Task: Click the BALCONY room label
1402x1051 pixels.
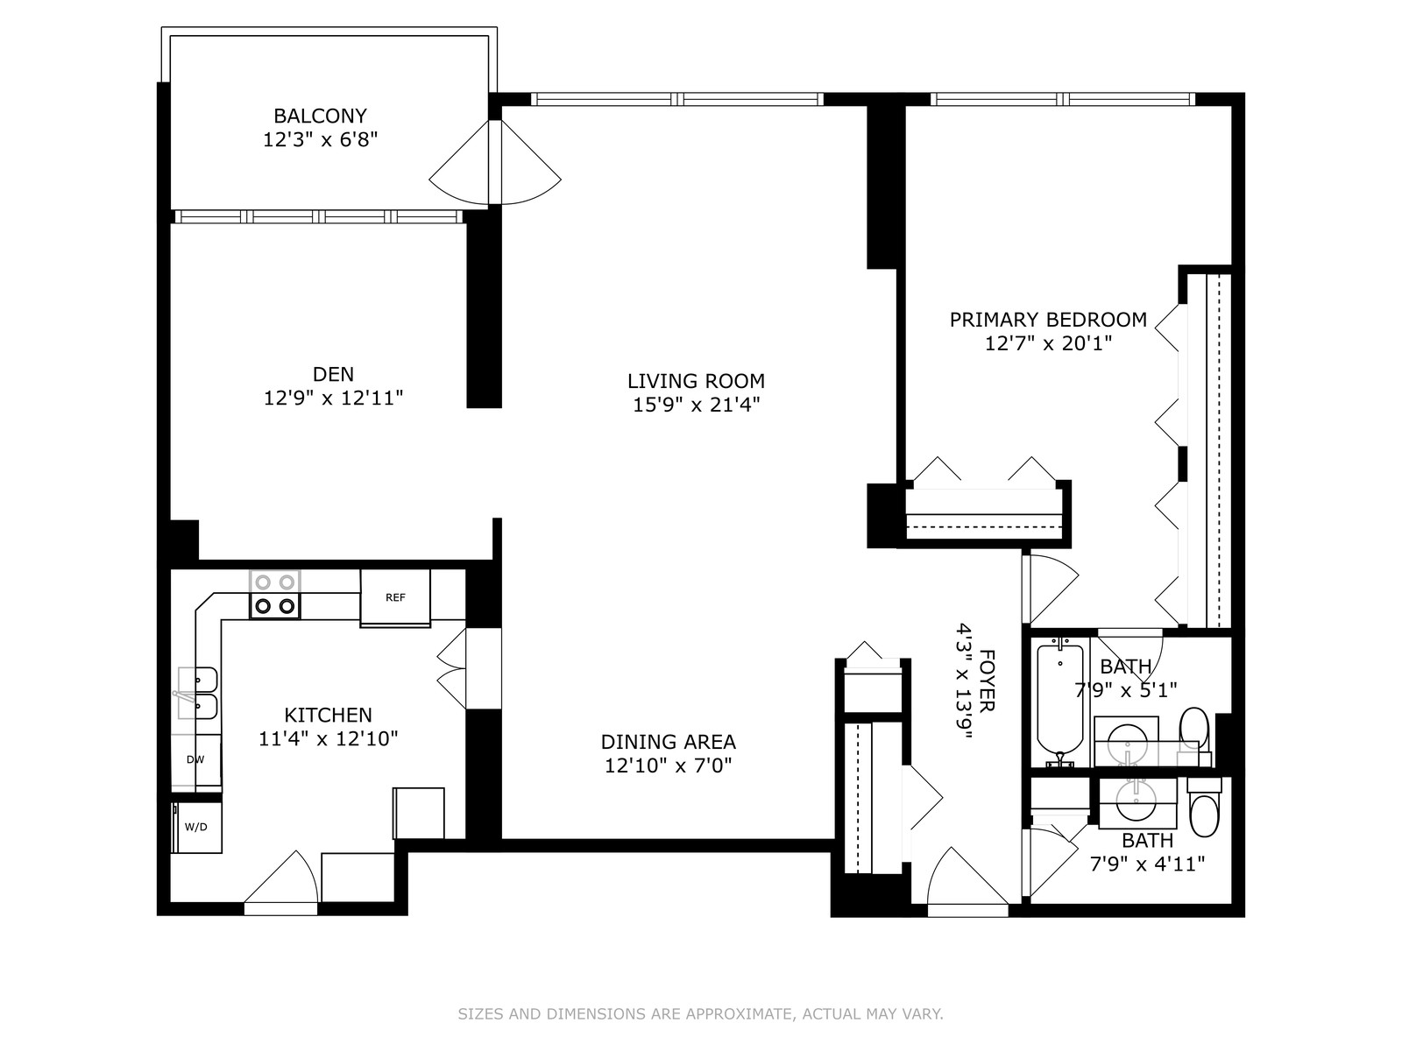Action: tap(320, 116)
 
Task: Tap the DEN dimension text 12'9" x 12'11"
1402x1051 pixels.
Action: tap(334, 399)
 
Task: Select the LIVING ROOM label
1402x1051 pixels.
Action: tap(696, 381)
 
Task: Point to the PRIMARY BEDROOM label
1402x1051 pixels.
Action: tap(1048, 320)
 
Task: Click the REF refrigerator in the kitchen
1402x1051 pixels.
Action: tap(395, 597)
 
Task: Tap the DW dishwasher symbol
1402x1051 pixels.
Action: tap(196, 759)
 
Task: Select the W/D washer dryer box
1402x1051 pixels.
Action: tap(197, 827)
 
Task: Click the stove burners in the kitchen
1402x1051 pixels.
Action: tap(275, 594)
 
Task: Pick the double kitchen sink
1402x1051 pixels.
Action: tap(197, 693)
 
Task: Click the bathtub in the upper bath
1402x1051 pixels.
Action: tap(1060, 702)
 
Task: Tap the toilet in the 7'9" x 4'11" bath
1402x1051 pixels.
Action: tap(1204, 808)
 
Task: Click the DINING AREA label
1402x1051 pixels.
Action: tap(668, 742)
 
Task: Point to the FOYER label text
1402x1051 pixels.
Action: tap(987, 681)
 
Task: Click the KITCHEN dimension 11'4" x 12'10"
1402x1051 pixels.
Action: tap(329, 739)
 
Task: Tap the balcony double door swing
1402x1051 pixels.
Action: tap(495, 163)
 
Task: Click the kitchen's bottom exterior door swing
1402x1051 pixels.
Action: tap(281, 877)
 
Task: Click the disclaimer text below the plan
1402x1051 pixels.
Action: tap(700, 1013)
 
